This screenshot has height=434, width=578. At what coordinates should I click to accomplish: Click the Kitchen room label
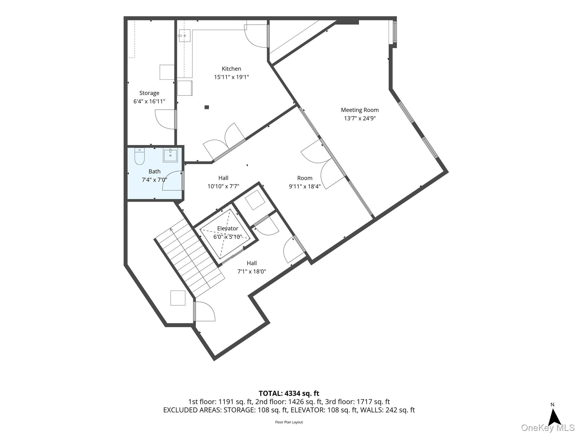(x=231, y=69)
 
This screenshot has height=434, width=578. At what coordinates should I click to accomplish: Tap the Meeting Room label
(x=360, y=110)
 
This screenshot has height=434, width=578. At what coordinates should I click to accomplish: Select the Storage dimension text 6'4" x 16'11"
(x=149, y=101)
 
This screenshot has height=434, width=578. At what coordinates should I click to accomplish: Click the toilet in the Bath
(x=139, y=156)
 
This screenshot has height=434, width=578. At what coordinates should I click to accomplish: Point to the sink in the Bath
(x=170, y=156)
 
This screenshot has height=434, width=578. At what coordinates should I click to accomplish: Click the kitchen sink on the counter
(x=184, y=36)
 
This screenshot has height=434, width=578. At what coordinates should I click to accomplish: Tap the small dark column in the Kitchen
(x=207, y=107)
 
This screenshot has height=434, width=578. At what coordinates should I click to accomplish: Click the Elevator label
(x=228, y=228)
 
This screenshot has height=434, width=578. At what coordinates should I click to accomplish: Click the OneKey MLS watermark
(x=548, y=428)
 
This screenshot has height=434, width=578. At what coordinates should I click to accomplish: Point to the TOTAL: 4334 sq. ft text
(x=289, y=393)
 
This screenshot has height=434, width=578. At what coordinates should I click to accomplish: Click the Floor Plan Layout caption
(x=289, y=422)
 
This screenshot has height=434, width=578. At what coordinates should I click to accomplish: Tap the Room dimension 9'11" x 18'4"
(x=305, y=186)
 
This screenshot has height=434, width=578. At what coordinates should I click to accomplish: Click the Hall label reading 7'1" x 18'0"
(x=252, y=267)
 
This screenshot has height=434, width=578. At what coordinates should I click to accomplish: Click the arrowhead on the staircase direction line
(x=171, y=229)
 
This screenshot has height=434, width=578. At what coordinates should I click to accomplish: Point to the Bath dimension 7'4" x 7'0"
(x=154, y=180)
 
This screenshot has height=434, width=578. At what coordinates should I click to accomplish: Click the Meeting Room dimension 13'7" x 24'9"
(x=360, y=118)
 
